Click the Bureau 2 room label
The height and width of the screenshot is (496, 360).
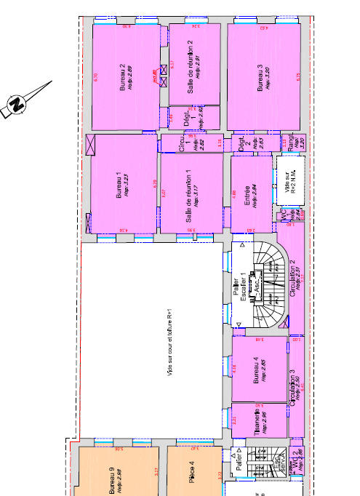(x=124, y=76)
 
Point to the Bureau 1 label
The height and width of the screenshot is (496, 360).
(x=121, y=185)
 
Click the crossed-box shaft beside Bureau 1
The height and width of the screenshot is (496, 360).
(x=92, y=144)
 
